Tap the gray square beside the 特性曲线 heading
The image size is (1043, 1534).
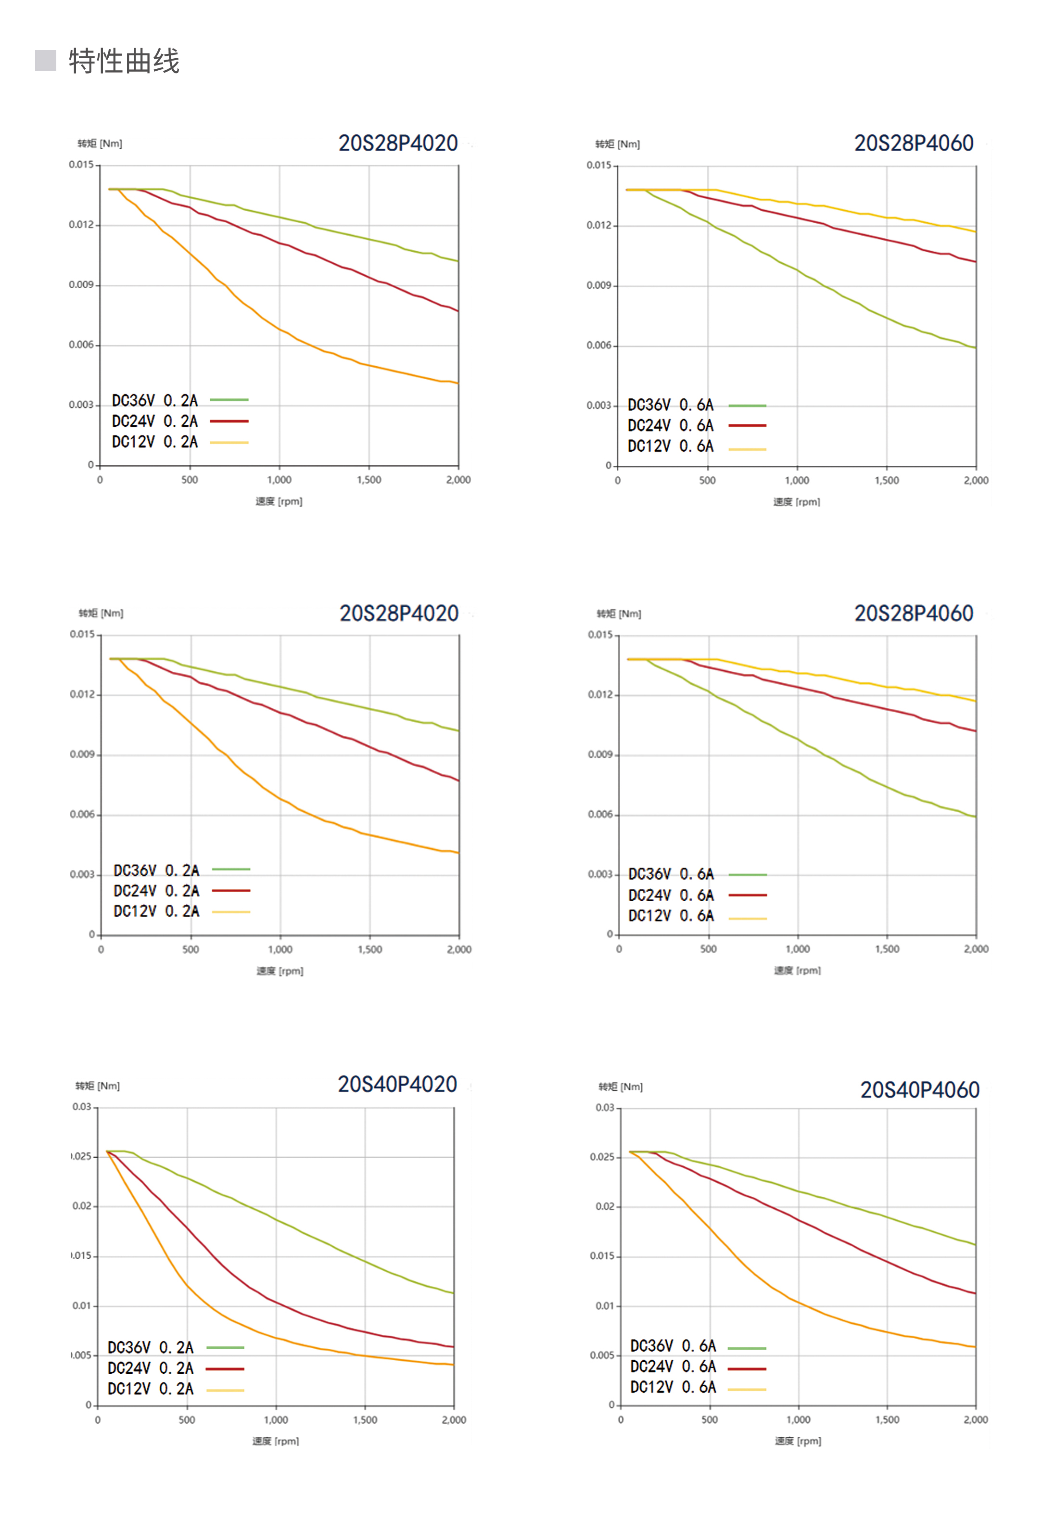coord(46,60)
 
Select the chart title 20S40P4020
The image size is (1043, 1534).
coord(397,1085)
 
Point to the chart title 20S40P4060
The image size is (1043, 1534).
coord(919,1090)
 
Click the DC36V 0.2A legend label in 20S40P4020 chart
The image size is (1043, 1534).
coord(151,1347)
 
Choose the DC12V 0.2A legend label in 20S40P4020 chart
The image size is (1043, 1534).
coord(151,1389)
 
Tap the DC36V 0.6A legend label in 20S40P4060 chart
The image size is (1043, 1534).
coord(673,1346)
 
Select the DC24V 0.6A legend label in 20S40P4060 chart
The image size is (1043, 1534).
coord(673,1367)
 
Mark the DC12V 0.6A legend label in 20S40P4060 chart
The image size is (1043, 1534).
coord(673,1387)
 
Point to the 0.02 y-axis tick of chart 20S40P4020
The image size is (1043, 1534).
coord(82,1206)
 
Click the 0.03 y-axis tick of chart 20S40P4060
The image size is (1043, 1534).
coord(605,1108)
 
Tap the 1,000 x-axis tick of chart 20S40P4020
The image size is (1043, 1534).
coord(276,1420)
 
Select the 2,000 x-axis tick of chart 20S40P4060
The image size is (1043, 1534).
coord(975,1420)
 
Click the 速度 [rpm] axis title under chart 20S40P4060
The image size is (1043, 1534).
coord(798,1441)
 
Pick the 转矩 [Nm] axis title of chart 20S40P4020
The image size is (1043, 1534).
coord(98,1086)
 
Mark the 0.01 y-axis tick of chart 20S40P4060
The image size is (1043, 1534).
coord(605,1305)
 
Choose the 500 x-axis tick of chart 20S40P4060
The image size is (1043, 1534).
coord(710,1420)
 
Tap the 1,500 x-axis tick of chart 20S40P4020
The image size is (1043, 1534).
coord(365,1420)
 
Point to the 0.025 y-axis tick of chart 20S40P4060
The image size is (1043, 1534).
coord(602,1157)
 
